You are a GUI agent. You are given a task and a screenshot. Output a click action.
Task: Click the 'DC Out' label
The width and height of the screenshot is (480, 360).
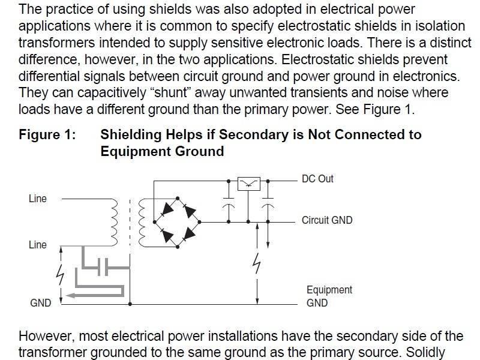(317, 179)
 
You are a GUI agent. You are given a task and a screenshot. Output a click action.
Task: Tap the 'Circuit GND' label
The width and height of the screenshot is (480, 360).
(327, 220)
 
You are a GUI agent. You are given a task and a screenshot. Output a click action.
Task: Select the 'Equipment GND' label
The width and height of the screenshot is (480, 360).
(329, 296)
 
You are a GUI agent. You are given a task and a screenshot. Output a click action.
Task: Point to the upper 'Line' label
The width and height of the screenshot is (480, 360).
(37, 199)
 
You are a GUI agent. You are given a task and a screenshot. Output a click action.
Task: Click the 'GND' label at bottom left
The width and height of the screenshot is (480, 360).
(41, 303)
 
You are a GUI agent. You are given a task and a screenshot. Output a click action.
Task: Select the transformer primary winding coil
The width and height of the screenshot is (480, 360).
(112, 222)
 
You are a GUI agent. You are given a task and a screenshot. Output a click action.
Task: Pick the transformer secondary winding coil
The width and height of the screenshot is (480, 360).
(142, 222)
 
